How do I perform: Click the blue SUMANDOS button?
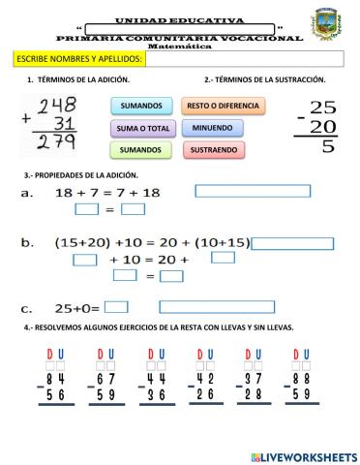[x=141, y=105]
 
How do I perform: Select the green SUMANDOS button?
[x=141, y=150]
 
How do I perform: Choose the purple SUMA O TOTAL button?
[x=141, y=127]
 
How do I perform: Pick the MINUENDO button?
[x=212, y=127]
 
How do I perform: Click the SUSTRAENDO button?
[x=212, y=150]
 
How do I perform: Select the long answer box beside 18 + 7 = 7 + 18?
[x=252, y=191]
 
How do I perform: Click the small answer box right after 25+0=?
[x=116, y=308]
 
